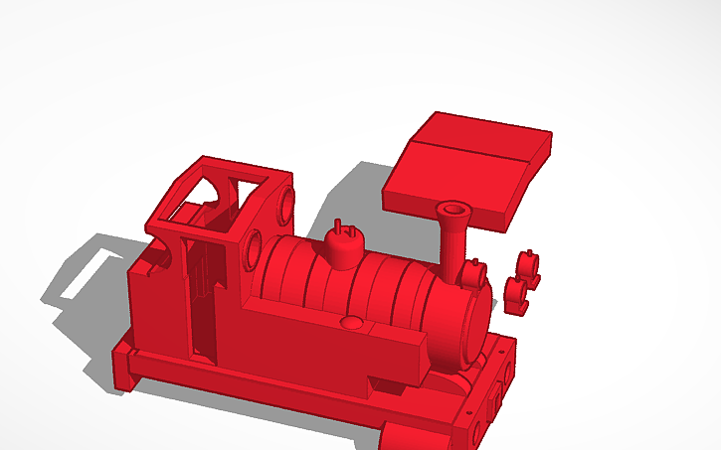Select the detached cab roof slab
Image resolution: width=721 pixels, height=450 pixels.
[467, 165]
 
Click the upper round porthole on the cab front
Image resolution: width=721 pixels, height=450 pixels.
[286, 202]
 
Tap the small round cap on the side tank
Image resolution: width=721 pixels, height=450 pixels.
[351, 323]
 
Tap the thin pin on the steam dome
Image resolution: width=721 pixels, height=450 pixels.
[338, 226]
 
